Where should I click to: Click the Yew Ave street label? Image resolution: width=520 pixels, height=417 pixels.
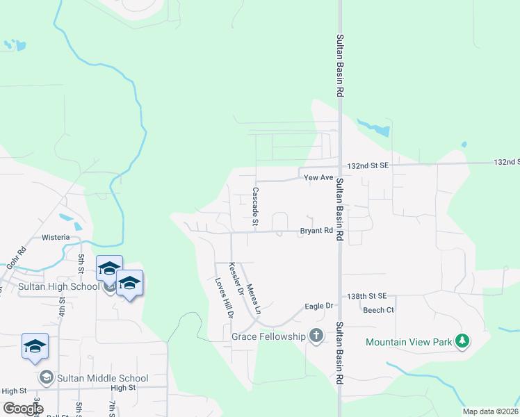tap(319, 178)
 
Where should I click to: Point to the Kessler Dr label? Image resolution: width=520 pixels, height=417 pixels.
tap(236, 280)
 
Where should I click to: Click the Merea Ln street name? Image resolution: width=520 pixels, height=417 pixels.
tap(252, 297)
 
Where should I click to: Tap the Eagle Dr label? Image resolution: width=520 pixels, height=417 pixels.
tap(320, 306)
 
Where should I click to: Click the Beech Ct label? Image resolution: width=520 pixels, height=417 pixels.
tap(378, 310)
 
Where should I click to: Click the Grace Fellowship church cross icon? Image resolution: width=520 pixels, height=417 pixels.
tap(316, 336)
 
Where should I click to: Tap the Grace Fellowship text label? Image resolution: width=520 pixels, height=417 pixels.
tap(268, 337)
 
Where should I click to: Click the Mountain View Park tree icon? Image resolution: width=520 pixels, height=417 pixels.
tap(462, 341)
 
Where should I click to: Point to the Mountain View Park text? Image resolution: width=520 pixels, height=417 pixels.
tap(409, 342)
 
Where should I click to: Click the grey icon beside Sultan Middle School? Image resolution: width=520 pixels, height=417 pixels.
tap(46, 378)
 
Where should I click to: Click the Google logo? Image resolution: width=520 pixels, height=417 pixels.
tap(23, 409)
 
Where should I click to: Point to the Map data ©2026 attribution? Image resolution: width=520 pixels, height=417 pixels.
tap(489, 411)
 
